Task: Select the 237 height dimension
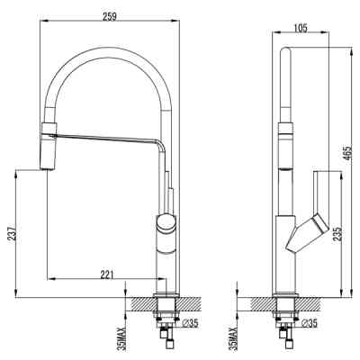pos(9,232)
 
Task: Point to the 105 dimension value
pos(301,27)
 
